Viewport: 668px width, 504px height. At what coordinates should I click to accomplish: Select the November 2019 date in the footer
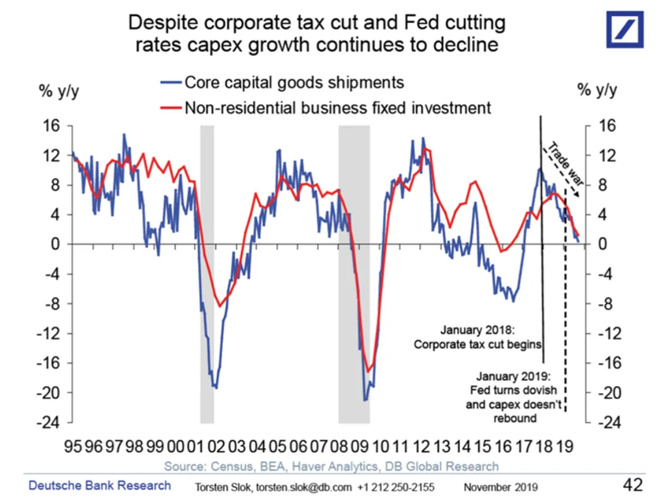pos(500,487)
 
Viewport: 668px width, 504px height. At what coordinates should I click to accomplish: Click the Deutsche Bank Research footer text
pos(100,486)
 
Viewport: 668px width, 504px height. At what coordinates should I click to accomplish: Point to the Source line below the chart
pos(331,466)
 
